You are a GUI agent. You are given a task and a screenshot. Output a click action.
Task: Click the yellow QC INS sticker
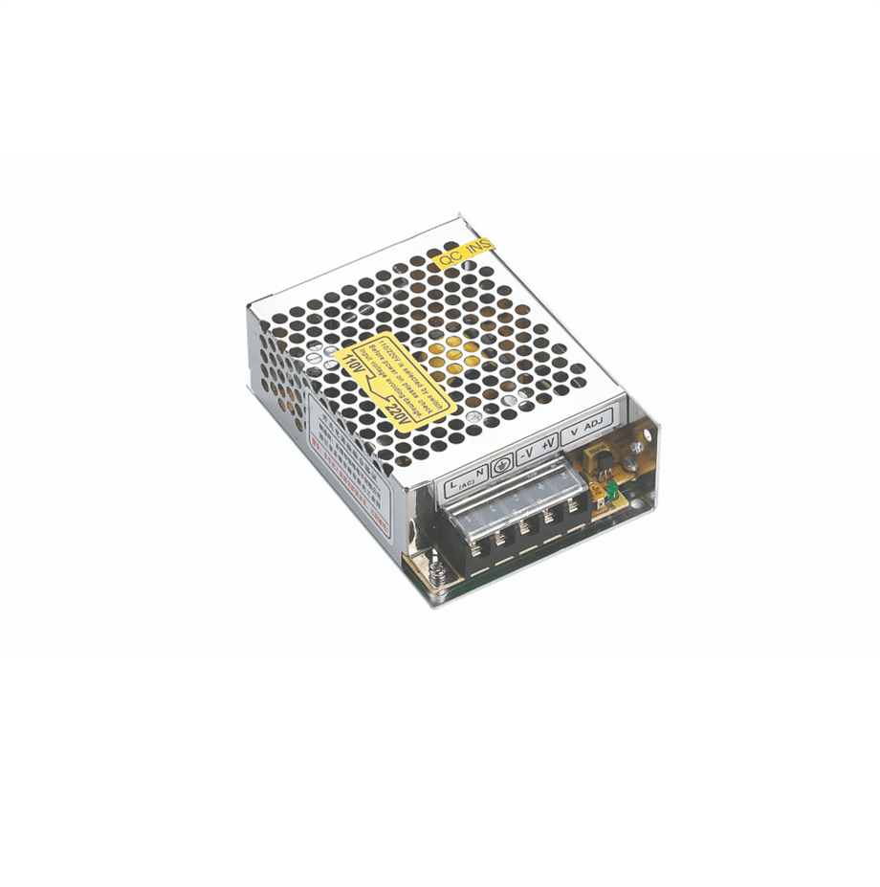point(464,252)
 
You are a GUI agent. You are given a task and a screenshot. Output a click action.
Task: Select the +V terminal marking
point(549,444)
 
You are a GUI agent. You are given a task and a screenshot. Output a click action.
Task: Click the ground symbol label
point(501,464)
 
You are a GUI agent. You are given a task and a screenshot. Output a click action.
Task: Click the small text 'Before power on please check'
point(407,367)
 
